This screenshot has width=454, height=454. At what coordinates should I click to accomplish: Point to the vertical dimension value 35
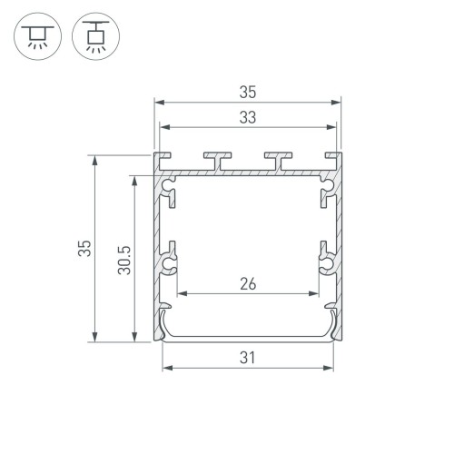click(x=84, y=249)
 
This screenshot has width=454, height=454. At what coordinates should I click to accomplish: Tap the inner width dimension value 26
click(x=248, y=283)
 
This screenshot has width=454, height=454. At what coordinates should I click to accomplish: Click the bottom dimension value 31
click(x=248, y=357)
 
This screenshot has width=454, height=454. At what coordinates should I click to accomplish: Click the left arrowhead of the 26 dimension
click(x=181, y=294)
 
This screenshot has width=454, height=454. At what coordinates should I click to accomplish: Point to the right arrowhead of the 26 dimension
click(x=317, y=294)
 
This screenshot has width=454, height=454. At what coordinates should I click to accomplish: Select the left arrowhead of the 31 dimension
click(x=166, y=369)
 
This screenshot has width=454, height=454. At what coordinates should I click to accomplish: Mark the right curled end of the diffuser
click(x=332, y=323)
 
